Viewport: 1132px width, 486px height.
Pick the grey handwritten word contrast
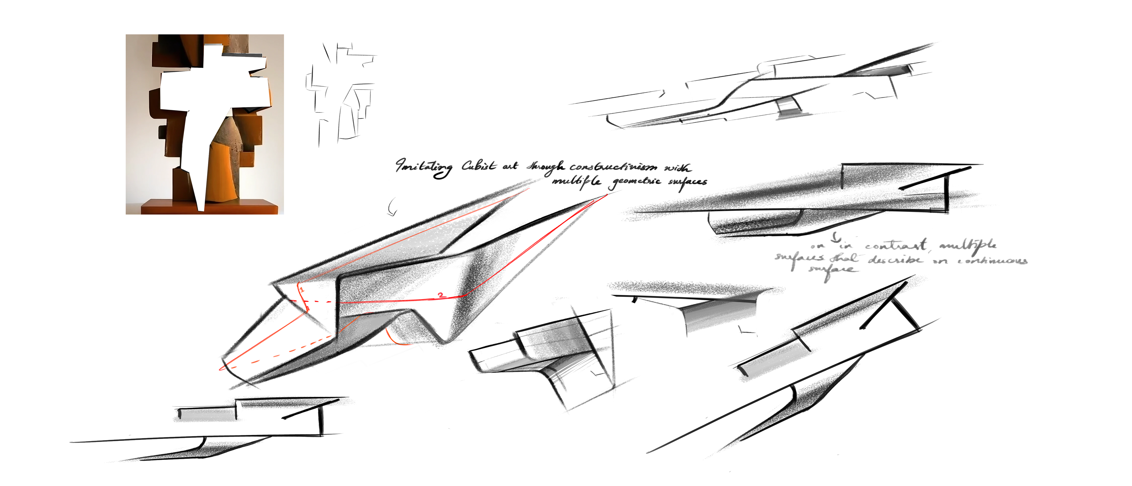896,245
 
